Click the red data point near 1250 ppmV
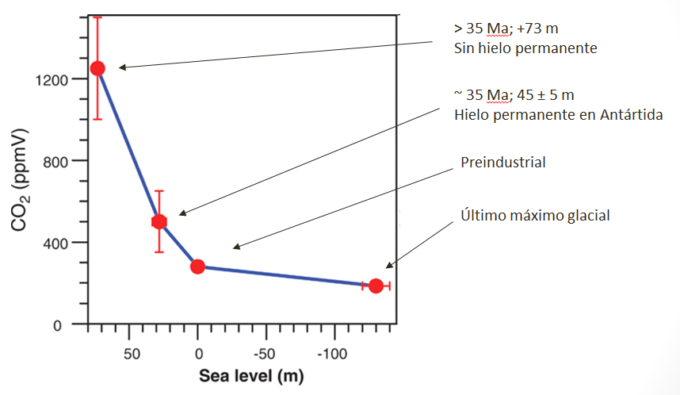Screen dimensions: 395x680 [x=97, y=68]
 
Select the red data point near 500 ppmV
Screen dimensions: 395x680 [x=159, y=221]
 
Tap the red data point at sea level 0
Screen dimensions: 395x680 [x=197, y=267]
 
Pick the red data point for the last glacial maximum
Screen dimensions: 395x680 [x=376, y=286]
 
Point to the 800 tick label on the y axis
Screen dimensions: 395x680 [x=56, y=161]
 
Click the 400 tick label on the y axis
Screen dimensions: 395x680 [x=56, y=243]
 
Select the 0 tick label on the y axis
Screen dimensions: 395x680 [x=66, y=324]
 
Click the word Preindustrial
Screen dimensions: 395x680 [x=503, y=163]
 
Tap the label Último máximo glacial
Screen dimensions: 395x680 [x=536, y=216]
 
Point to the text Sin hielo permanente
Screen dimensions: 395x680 [x=525, y=48]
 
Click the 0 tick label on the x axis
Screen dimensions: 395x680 [x=198, y=351]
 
